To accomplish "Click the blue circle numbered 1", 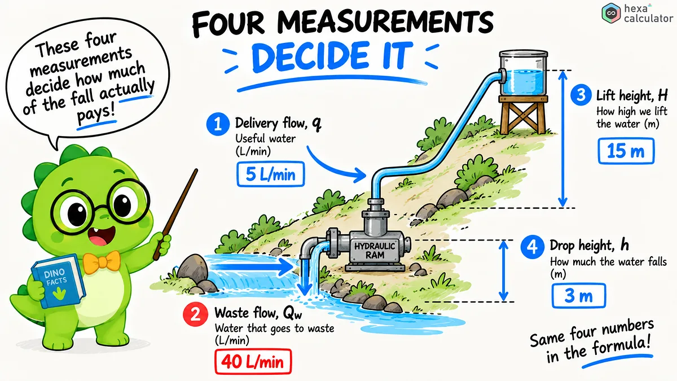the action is (x=218, y=124).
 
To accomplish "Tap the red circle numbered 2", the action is (x=195, y=314).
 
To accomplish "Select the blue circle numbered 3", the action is (x=581, y=95).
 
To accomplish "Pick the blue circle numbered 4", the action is (x=532, y=247).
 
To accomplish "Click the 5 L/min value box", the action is (x=270, y=174).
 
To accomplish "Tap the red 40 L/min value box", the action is (x=253, y=362).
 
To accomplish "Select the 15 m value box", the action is (x=626, y=151).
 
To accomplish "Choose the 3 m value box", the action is (x=579, y=296).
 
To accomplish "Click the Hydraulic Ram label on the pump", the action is (x=375, y=251).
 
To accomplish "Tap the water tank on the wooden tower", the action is (x=523, y=73).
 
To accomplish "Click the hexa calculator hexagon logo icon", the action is (x=611, y=14).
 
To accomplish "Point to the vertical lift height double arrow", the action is (x=562, y=139).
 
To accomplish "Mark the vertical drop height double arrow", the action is (x=503, y=271).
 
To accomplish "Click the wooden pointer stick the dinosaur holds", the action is (x=175, y=214).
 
